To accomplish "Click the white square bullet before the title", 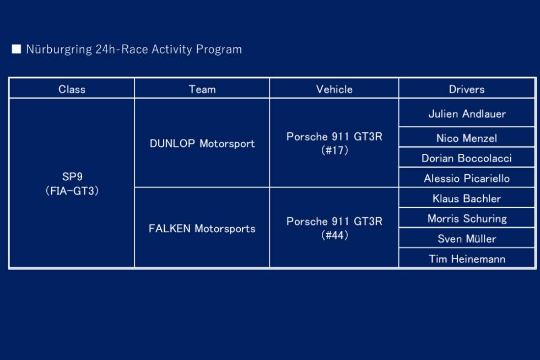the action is [x=16, y=49].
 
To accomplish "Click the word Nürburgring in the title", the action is [x=60, y=50].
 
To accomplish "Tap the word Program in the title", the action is [x=219, y=50].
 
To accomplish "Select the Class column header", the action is [x=72, y=89].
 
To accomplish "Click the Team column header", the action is [x=202, y=89].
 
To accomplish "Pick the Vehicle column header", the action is [x=334, y=89].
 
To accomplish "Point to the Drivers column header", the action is [x=467, y=89].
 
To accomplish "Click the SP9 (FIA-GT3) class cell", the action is [x=72, y=184].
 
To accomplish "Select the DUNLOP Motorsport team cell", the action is [x=202, y=143].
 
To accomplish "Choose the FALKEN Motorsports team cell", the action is [x=202, y=228].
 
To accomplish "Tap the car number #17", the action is [x=334, y=150].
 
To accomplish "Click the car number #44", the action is [x=334, y=235].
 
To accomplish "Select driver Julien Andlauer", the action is [x=467, y=114].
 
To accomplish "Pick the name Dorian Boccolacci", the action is [x=467, y=158].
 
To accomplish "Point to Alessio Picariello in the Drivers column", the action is [x=467, y=178].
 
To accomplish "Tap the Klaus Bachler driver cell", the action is [x=467, y=198].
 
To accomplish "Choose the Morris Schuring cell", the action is [x=467, y=218].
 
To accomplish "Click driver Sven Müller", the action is [x=467, y=238].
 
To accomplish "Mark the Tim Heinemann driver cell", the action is [x=467, y=259].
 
